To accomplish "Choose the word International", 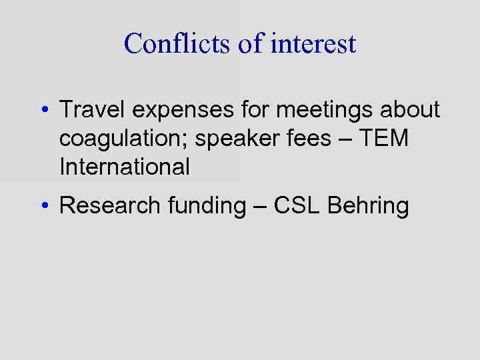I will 125,166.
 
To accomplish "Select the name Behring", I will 369,206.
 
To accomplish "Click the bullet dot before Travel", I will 43,109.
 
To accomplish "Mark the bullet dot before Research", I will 43,206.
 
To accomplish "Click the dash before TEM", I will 347,139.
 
